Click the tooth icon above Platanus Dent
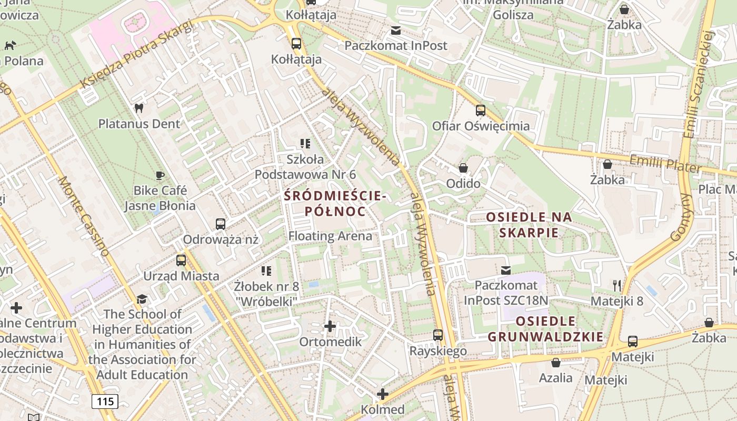point(139,108)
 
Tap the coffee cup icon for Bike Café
point(160,175)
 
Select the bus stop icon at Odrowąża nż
point(221,224)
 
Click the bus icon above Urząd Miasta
point(181,260)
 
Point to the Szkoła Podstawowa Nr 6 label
point(305,166)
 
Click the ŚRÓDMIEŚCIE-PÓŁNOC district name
point(335,204)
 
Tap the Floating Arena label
point(330,236)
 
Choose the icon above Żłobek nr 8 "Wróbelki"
point(266,271)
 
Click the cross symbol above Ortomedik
point(330,327)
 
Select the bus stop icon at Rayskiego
point(438,335)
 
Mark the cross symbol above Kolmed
point(383,394)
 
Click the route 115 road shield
point(105,402)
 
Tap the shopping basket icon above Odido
point(463,168)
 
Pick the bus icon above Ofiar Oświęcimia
point(481,111)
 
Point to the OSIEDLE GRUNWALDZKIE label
point(545,329)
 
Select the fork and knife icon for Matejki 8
point(617,286)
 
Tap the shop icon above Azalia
point(556,363)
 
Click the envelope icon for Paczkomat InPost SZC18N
point(506,270)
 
